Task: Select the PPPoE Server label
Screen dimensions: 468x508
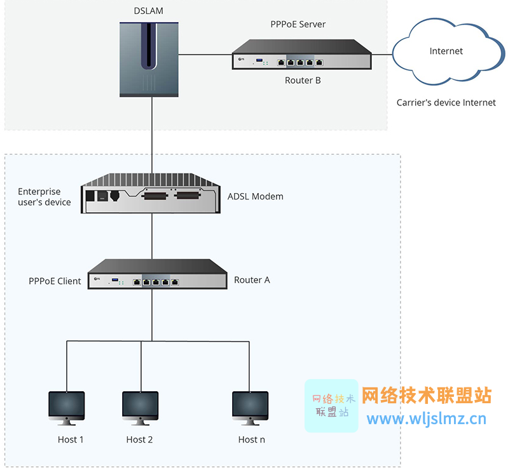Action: tap(298, 24)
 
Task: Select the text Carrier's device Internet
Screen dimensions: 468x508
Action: tap(446, 102)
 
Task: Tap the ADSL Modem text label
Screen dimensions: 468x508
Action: tap(255, 196)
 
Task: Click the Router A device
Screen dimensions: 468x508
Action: tap(157, 274)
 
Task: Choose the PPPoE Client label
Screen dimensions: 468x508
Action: tap(55, 281)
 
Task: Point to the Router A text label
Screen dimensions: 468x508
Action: tap(252, 279)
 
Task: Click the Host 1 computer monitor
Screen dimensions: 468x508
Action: tap(67, 408)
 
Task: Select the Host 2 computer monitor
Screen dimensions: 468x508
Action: tap(140, 408)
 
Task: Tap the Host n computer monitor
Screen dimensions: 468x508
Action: tap(250, 408)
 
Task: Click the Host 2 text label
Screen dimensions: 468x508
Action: tap(139, 439)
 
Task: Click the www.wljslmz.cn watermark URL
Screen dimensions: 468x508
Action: tap(426, 418)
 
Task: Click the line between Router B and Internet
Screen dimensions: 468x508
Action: tap(381, 55)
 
